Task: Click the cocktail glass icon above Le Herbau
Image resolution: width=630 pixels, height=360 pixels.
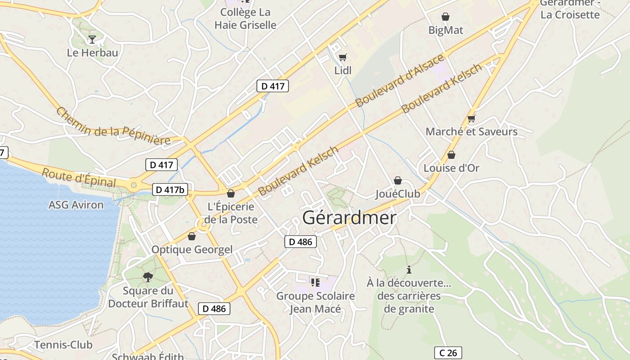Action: coord(92,40)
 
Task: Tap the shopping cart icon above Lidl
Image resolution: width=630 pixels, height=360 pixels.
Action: coord(343,57)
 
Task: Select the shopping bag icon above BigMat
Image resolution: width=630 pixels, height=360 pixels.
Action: coord(445,17)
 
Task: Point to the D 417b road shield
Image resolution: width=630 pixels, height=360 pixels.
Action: coord(170,190)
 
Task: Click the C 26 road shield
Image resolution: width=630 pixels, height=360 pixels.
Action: coord(448,353)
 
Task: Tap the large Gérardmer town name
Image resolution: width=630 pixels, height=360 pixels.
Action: coord(349,218)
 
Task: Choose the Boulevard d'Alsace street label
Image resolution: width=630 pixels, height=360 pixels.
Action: coord(400,81)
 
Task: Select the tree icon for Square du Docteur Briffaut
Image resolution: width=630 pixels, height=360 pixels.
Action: coord(148,277)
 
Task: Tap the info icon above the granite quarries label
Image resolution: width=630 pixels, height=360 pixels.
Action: coord(409,270)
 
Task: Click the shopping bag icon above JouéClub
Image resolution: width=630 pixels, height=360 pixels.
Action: coord(398,180)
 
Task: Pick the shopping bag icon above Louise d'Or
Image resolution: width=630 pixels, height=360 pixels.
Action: coord(451,155)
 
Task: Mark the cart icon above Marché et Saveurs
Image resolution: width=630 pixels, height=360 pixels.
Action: coord(472,118)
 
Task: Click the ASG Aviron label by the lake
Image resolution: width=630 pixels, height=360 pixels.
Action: coord(76,205)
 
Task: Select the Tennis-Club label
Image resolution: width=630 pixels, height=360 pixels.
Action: coord(63,345)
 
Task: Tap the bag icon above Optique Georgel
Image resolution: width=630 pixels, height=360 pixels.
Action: coord(192,236)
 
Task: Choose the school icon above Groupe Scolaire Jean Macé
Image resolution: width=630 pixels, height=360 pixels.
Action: coord(315,283)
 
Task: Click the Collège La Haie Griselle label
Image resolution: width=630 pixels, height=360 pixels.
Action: coord(245,18)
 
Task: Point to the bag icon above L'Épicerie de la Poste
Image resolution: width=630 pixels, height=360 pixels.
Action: coord(231,193)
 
